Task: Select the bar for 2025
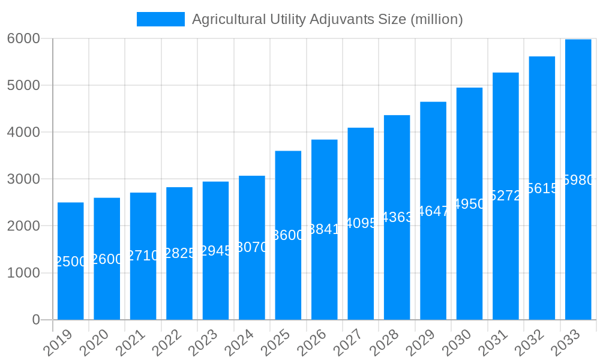pyautogui.click(x=288, y=276)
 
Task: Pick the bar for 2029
pyautogui.click(x=433, y=264)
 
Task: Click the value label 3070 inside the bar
pyautogui.click(x=252, y=247)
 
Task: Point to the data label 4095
pyautogui.click(x=361, y=223)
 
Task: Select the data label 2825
pyautogui.click(x=180, y=253)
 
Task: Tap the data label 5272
pyautogui.click(x=506, y=196)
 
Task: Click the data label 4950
pyautogui.click(x=469, y=204)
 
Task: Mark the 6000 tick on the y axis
pyautogui.click(x=23, y=38)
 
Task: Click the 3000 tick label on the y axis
pyautogui.click(x=23, y=179)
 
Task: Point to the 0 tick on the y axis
pyautogui.click(x=36, y=320)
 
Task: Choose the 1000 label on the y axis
pyautogui.click(x=23, y=273)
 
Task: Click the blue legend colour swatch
pyautogui.click(x=161, y=19)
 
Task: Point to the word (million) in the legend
pyautogui.click(x=436, y=19)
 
